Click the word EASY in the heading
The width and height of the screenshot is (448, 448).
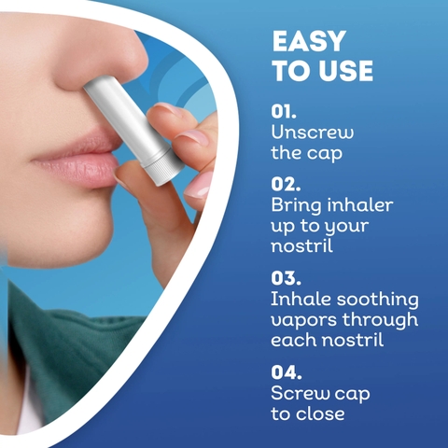[309, 42]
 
